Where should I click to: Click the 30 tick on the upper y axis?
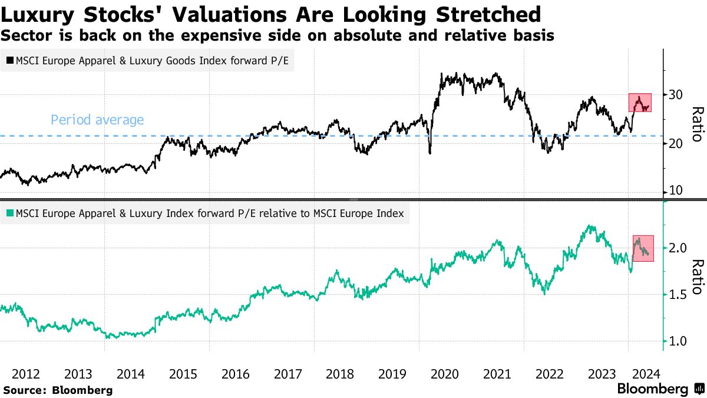point(675,94)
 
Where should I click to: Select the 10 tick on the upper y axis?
point(675,191)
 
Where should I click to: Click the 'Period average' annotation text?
point(97,120)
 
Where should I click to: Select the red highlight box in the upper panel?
point(640,103)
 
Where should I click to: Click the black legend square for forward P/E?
point(10,60)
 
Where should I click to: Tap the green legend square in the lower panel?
point(10,213)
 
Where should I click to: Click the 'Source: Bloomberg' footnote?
point(58,390)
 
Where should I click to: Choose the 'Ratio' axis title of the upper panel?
point(697,124)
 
